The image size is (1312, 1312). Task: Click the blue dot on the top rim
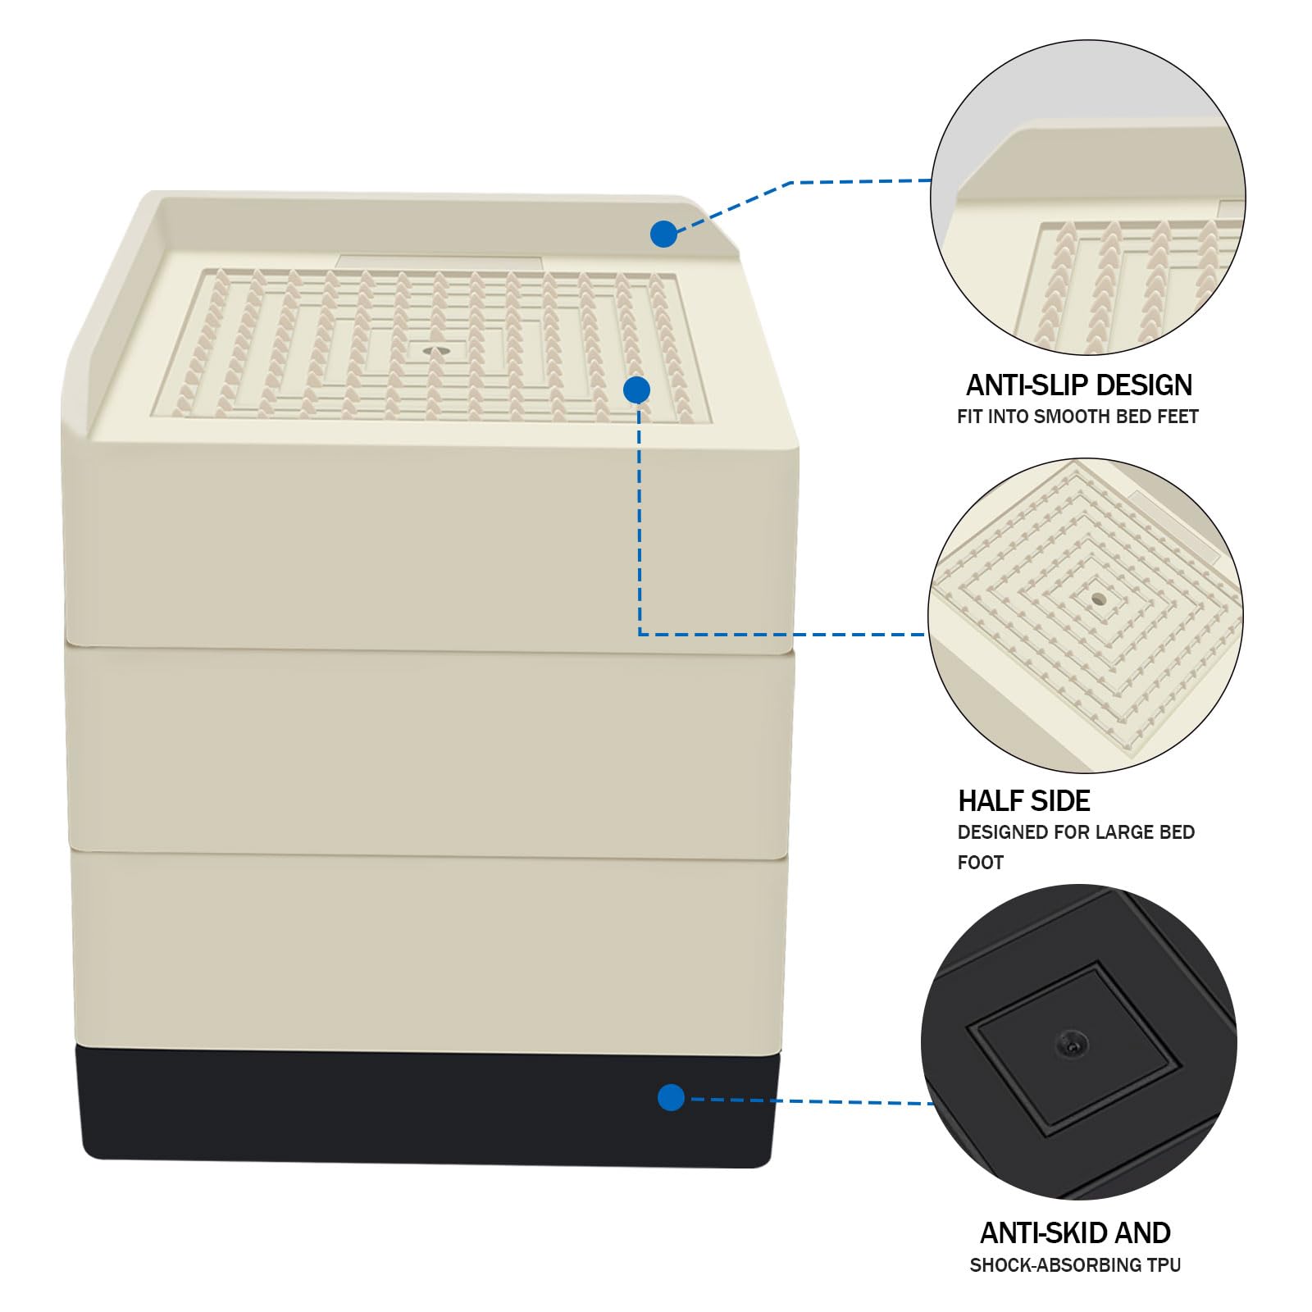[663, 234]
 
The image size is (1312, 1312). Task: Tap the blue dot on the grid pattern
[636, 389]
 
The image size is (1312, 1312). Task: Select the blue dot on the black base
[671, 1097]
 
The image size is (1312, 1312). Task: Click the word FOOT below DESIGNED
[981, 863]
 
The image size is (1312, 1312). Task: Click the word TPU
[1162, 1265]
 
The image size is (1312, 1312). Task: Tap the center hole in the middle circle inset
[1098, 599]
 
